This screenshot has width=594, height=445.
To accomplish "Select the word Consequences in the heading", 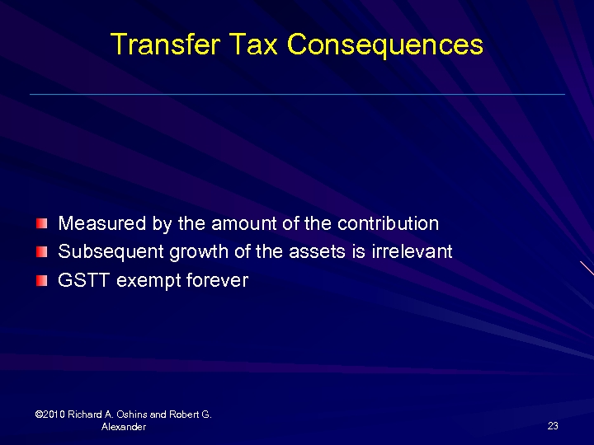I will point(384,44).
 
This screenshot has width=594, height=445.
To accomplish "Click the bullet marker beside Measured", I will point(42,224).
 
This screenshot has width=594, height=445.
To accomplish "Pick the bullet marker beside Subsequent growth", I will point(42,252).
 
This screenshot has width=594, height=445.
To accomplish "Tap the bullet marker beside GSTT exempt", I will point(42,281).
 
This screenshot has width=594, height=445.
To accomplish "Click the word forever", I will point(217,280).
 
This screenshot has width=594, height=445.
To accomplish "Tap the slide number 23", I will point(553,426).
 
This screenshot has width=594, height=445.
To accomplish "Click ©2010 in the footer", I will point(51,415).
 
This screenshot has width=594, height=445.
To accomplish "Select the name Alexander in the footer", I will point(124,427).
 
